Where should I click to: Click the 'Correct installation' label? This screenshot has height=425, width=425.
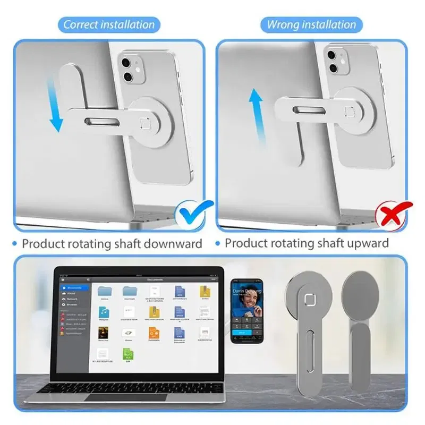(x=109, y=24)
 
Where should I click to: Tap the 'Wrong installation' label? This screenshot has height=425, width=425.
(x=311, y=24)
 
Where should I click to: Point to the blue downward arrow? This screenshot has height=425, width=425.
(x=56, y=104)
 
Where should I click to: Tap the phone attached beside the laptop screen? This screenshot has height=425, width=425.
(x=245, y=309)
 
